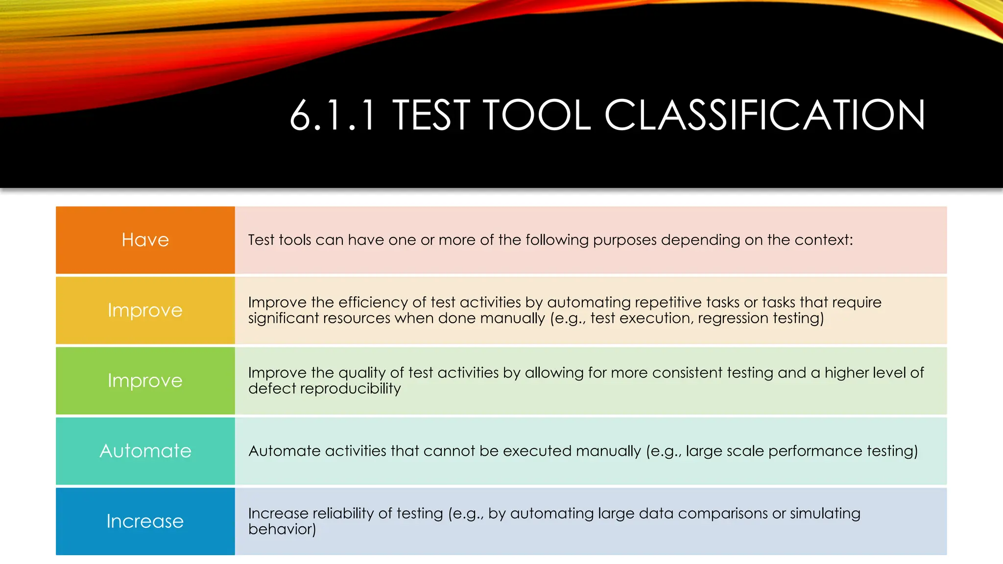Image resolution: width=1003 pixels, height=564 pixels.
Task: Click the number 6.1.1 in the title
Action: (333, 116)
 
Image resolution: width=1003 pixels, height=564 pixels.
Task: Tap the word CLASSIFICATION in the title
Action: (764, 116)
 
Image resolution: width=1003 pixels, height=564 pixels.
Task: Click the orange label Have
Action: (145, 240)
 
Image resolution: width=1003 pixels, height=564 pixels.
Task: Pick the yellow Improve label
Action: (145, 310)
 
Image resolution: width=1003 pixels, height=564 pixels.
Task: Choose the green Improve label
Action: (145, 380)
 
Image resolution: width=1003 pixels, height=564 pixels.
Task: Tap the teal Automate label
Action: (145, 451)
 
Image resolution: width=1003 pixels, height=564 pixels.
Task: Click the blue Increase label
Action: (145, 521)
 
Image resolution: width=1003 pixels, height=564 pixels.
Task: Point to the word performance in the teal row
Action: (815, 451)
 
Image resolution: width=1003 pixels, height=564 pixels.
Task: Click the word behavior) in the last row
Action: (282, 529)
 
